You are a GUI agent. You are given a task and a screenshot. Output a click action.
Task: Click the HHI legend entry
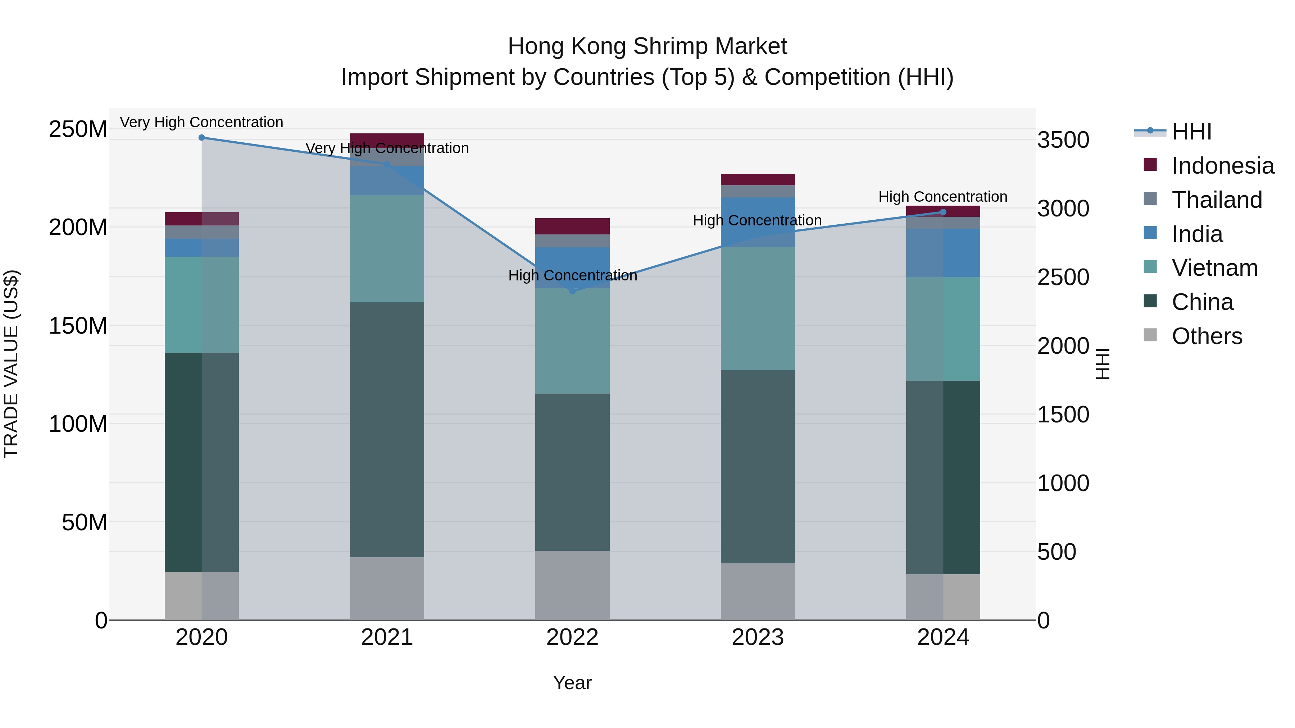pos(1191,132)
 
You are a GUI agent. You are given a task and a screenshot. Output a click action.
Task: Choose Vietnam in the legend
pos(1214,268)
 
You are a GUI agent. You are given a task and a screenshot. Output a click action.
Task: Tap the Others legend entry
pos(1207,336)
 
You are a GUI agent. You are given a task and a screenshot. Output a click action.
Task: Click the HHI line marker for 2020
pos(201,138)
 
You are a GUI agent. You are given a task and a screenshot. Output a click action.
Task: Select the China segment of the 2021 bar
pos(387,430)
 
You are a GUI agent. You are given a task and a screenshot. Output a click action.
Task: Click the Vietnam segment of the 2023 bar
pos(758,308)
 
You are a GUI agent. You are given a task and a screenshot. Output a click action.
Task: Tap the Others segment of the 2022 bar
pos(572,585)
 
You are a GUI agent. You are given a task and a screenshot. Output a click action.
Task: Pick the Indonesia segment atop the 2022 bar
pos(572,226)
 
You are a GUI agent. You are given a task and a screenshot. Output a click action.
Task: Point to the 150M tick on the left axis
pos(78,326)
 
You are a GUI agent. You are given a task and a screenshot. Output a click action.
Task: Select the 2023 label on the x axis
pos(758,637)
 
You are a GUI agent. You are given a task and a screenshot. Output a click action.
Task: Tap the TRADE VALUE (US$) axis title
pos(11,364)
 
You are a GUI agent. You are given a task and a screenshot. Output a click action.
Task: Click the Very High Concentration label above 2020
pos(201,122)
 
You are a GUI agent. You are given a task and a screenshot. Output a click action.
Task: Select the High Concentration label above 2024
pos(942,196)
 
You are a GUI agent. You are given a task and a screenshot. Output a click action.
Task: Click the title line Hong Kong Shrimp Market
pos(647,46)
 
